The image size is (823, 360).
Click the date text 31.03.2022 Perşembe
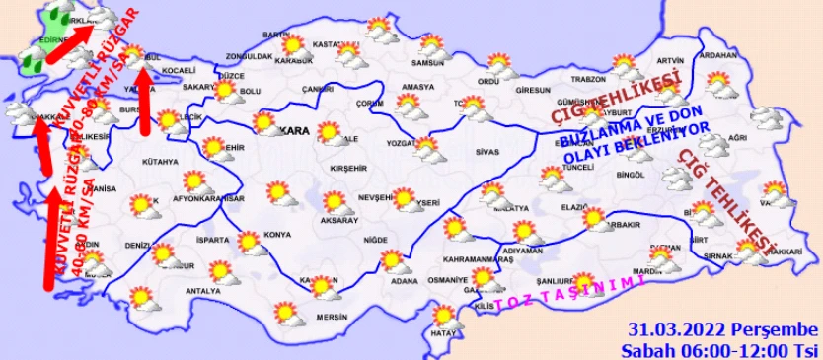pos(722,329)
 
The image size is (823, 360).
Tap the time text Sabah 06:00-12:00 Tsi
pos(718,349)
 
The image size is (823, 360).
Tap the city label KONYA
pos(277,235)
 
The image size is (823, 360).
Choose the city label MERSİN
pos(332,317)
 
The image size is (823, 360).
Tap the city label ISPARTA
pos(211,240)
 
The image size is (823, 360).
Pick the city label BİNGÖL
pos(629,175)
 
